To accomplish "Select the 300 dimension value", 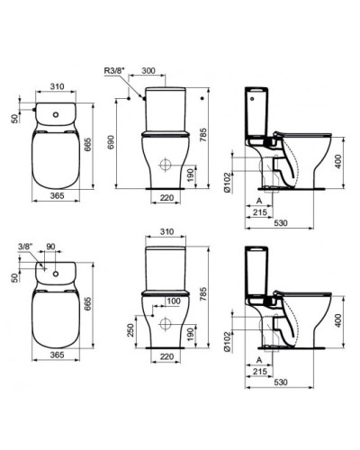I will [151, 68].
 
